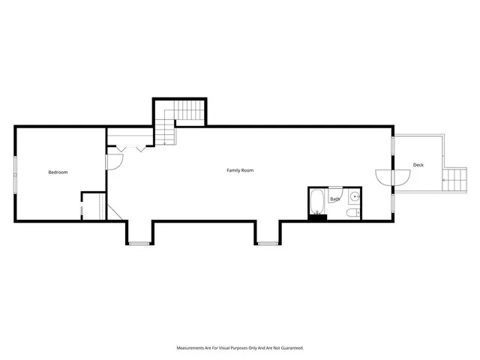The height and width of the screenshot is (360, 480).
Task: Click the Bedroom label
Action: point(58,172)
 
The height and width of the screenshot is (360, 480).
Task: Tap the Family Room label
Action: point(240,170)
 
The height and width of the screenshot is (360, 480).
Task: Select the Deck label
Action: point(418,165)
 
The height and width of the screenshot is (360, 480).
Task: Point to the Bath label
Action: point(334,199)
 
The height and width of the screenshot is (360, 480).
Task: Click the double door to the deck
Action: point(393,177)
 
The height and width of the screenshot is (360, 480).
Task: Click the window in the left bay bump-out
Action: point(139,243)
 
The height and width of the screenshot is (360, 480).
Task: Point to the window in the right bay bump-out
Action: point(268,243)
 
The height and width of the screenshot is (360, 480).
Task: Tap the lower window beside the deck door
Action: point(393,202)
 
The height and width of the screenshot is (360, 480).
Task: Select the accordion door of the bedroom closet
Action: point(82,207)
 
